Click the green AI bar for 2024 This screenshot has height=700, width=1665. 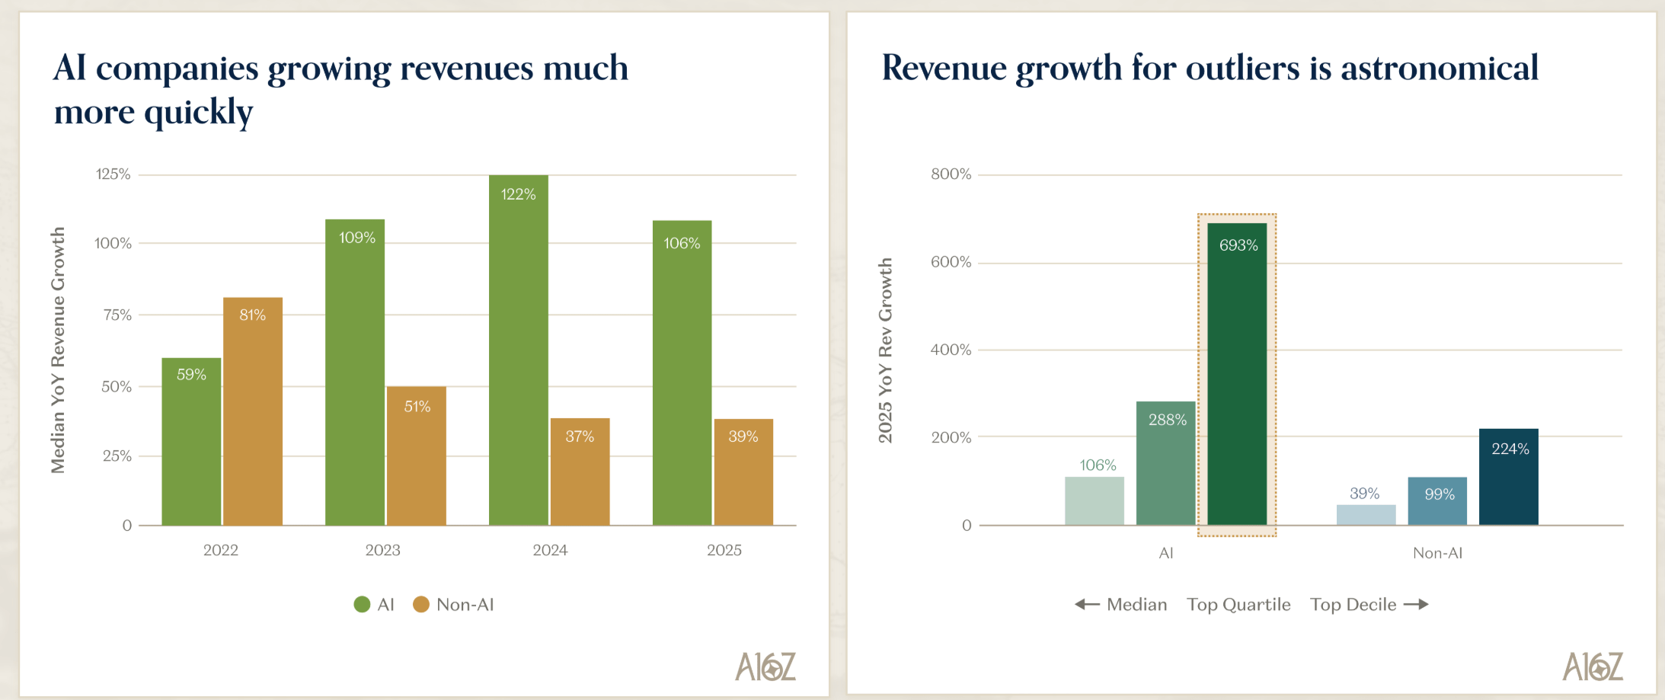point(518,350)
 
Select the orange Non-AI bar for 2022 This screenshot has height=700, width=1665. point(252,411)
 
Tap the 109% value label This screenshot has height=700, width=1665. point(357,238)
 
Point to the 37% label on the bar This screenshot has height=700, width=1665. point(580,436)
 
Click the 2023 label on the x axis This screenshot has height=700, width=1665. point(382,550)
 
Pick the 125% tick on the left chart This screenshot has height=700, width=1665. point(113,174)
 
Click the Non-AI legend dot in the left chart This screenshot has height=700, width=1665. point(421,605)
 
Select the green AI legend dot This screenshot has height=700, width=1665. point(362,605)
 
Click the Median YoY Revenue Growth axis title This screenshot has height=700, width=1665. point(58,350)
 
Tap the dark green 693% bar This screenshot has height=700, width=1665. point(1237,373)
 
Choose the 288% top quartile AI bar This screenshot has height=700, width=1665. point(1165,463)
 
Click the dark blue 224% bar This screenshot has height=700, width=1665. point(1508,477)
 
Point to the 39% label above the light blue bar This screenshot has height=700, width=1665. point(1364,494)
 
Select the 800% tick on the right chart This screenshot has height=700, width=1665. point(951,174)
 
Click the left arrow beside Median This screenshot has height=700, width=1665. point(1087,605)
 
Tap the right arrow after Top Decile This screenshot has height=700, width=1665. point(1416,605)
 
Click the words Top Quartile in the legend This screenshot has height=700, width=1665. point(1238,605)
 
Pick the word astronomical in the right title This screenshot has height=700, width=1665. point(1439,69)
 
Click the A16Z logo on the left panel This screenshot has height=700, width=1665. point(765,666)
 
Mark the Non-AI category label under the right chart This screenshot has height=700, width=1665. point(1437,553)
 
